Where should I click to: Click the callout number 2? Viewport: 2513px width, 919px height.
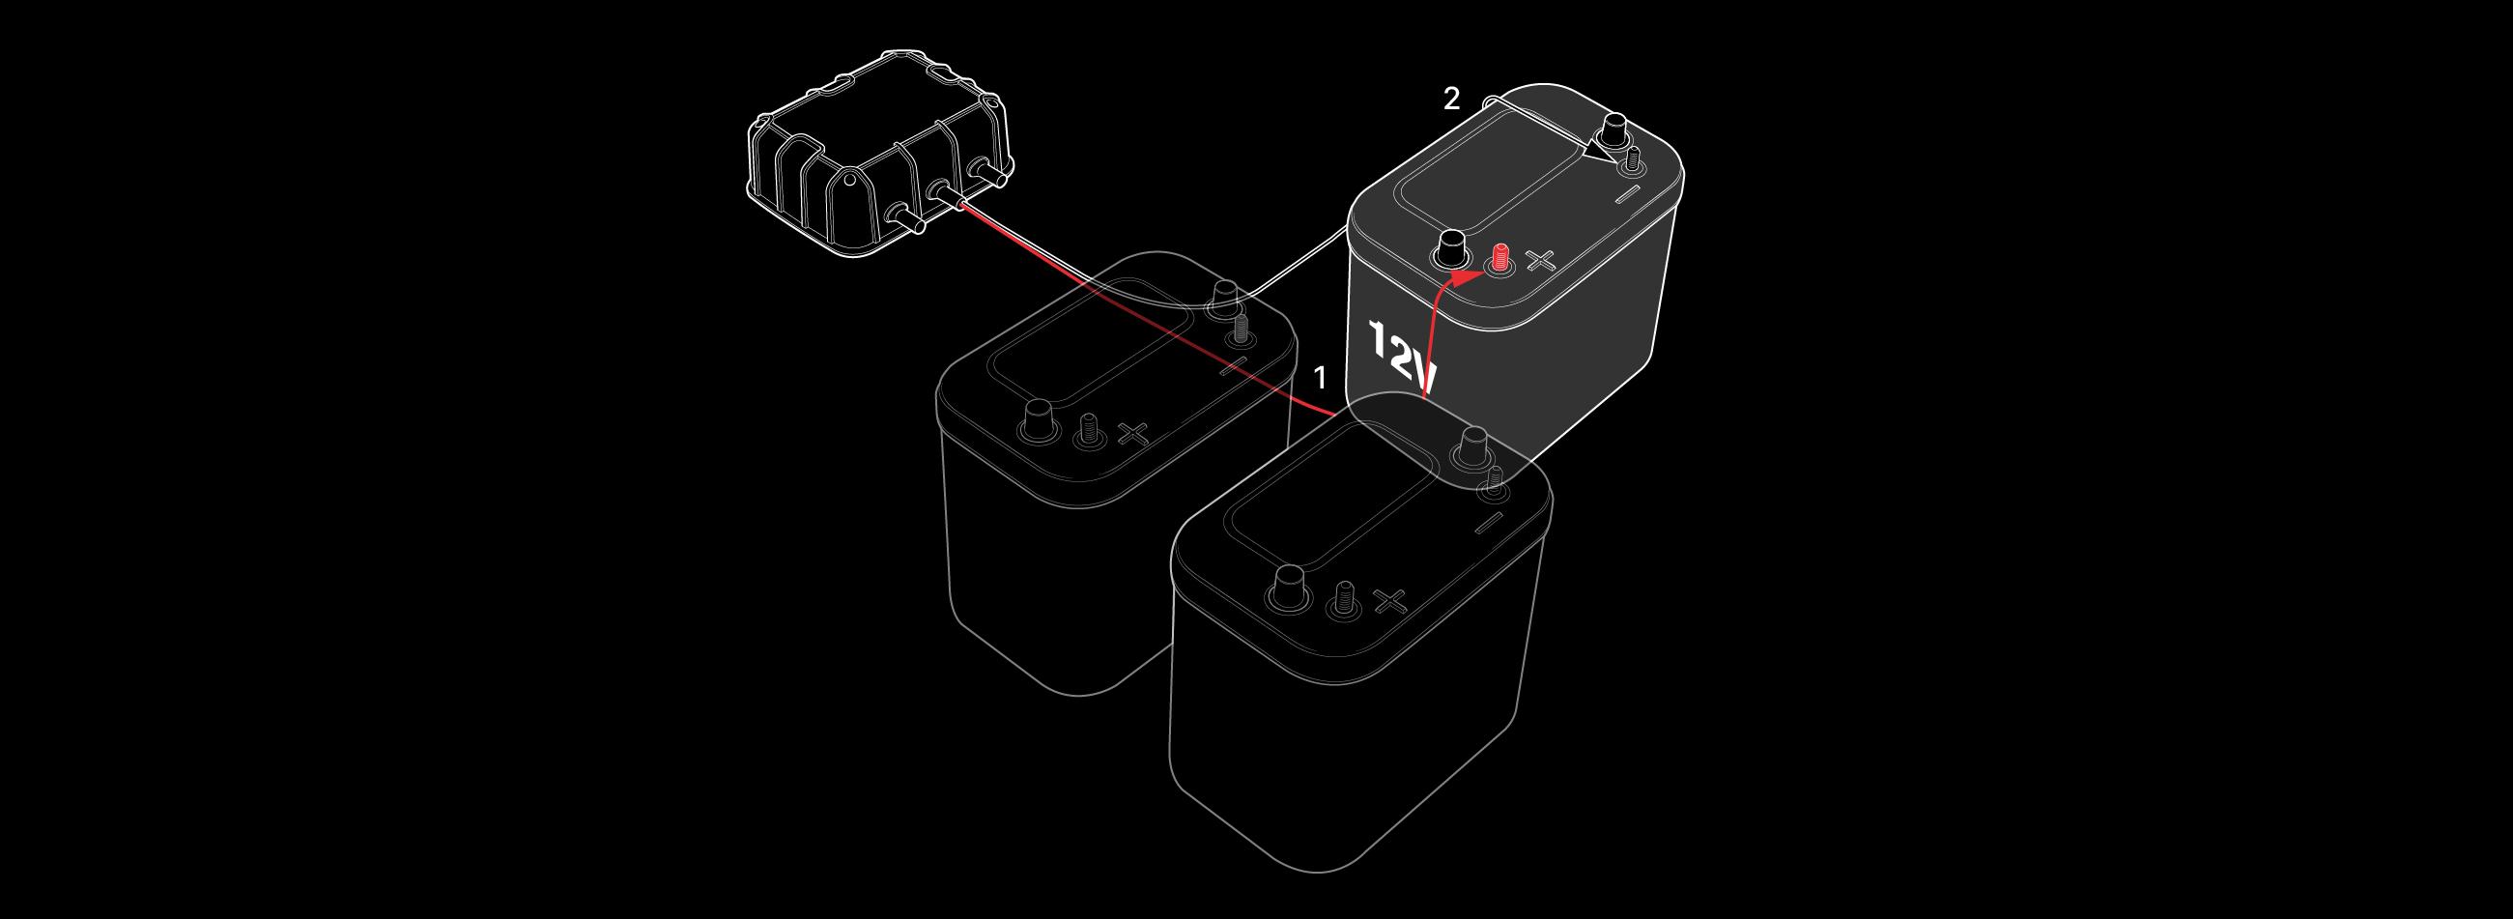1451,99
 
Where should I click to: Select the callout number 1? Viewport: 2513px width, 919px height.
1321,378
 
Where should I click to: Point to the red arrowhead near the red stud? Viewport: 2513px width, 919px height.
1459,279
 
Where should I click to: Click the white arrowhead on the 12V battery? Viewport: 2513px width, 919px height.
1597,152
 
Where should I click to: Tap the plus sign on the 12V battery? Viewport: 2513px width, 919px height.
1540,261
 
